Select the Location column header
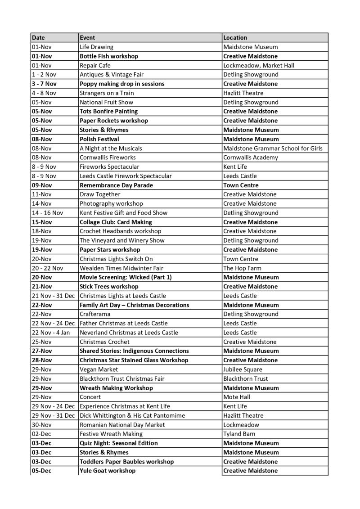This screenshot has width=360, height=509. point(235,38)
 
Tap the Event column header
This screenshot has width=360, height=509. point(87,38)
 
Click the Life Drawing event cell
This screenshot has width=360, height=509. point(96,47)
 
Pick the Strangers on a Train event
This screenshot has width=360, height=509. point(107,93)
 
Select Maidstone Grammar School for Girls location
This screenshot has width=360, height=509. point(273,148)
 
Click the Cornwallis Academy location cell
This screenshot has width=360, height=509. point(251,158)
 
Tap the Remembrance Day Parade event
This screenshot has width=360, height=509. point(116,185)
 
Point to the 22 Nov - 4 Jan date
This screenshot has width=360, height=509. point(53,333)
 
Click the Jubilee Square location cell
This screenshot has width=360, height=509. point(243,369)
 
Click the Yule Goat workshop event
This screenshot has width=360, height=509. point(108,471)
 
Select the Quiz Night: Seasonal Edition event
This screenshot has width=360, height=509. point(119,443)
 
